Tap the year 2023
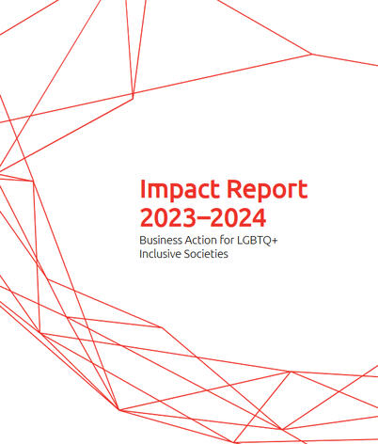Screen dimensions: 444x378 166,218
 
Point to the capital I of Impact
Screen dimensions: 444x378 141,187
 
